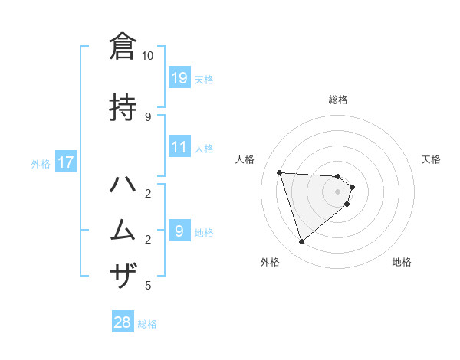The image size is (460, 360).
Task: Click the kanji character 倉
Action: (123, 45)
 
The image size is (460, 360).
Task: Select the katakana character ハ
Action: (123, 186)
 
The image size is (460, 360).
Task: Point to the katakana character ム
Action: (123, 230)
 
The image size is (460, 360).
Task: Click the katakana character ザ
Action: (123, 274)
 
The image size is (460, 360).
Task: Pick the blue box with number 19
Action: (179, 77)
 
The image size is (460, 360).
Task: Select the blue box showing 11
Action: (179, 146)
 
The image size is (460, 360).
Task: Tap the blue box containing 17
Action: (65, 162)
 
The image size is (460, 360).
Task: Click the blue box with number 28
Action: (123, 322)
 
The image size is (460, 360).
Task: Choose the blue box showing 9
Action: (179, 231)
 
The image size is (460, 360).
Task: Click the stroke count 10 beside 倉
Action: (148, 56)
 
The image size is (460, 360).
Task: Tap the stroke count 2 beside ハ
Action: (148, 192)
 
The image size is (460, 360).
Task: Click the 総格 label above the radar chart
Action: (338, 100)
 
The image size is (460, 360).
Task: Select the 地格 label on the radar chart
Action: (402, 262)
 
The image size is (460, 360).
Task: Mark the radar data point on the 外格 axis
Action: (301, 242)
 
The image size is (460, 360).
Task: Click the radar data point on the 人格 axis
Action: (280, 172)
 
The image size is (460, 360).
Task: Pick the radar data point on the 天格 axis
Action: (352, 187)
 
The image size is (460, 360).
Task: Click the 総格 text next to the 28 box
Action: (147, 323)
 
